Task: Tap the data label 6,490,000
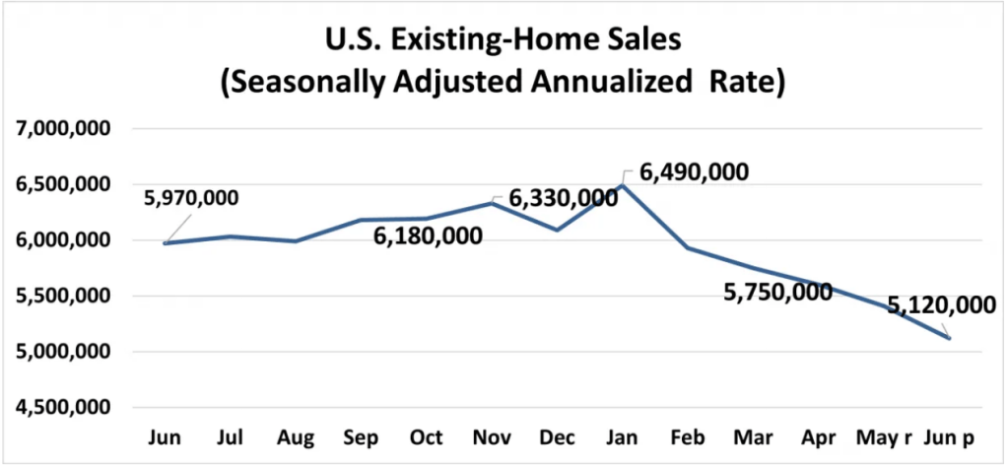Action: (694, 171)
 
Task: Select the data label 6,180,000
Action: (428, 236)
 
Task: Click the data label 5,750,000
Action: (776, 293)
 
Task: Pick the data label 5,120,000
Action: (941, 307)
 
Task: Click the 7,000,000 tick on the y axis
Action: (61, 128)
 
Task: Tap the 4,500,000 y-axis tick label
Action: (61, 407)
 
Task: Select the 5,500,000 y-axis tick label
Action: (61, 296)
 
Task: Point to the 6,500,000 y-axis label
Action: (61, 184)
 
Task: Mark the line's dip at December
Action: (558, 230)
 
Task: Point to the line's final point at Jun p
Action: (949, 338)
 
